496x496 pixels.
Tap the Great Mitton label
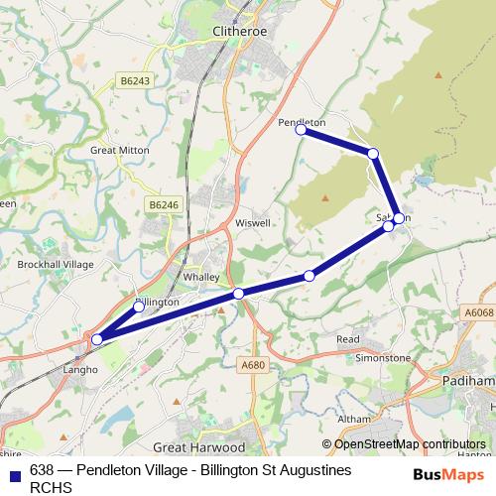click(119, 150)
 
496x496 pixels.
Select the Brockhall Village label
click(56, 265)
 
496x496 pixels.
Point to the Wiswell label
click(253, 223)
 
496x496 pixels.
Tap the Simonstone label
click(384, 355)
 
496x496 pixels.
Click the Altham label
click(353, 420)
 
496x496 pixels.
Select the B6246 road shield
click(164, 204)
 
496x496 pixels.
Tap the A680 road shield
click(253, 365)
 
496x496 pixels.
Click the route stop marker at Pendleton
click(301, 129)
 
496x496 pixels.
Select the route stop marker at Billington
click(139, 307)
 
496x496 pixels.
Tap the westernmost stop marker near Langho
click(96, 339)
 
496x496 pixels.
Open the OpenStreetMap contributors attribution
click(404, 444)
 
